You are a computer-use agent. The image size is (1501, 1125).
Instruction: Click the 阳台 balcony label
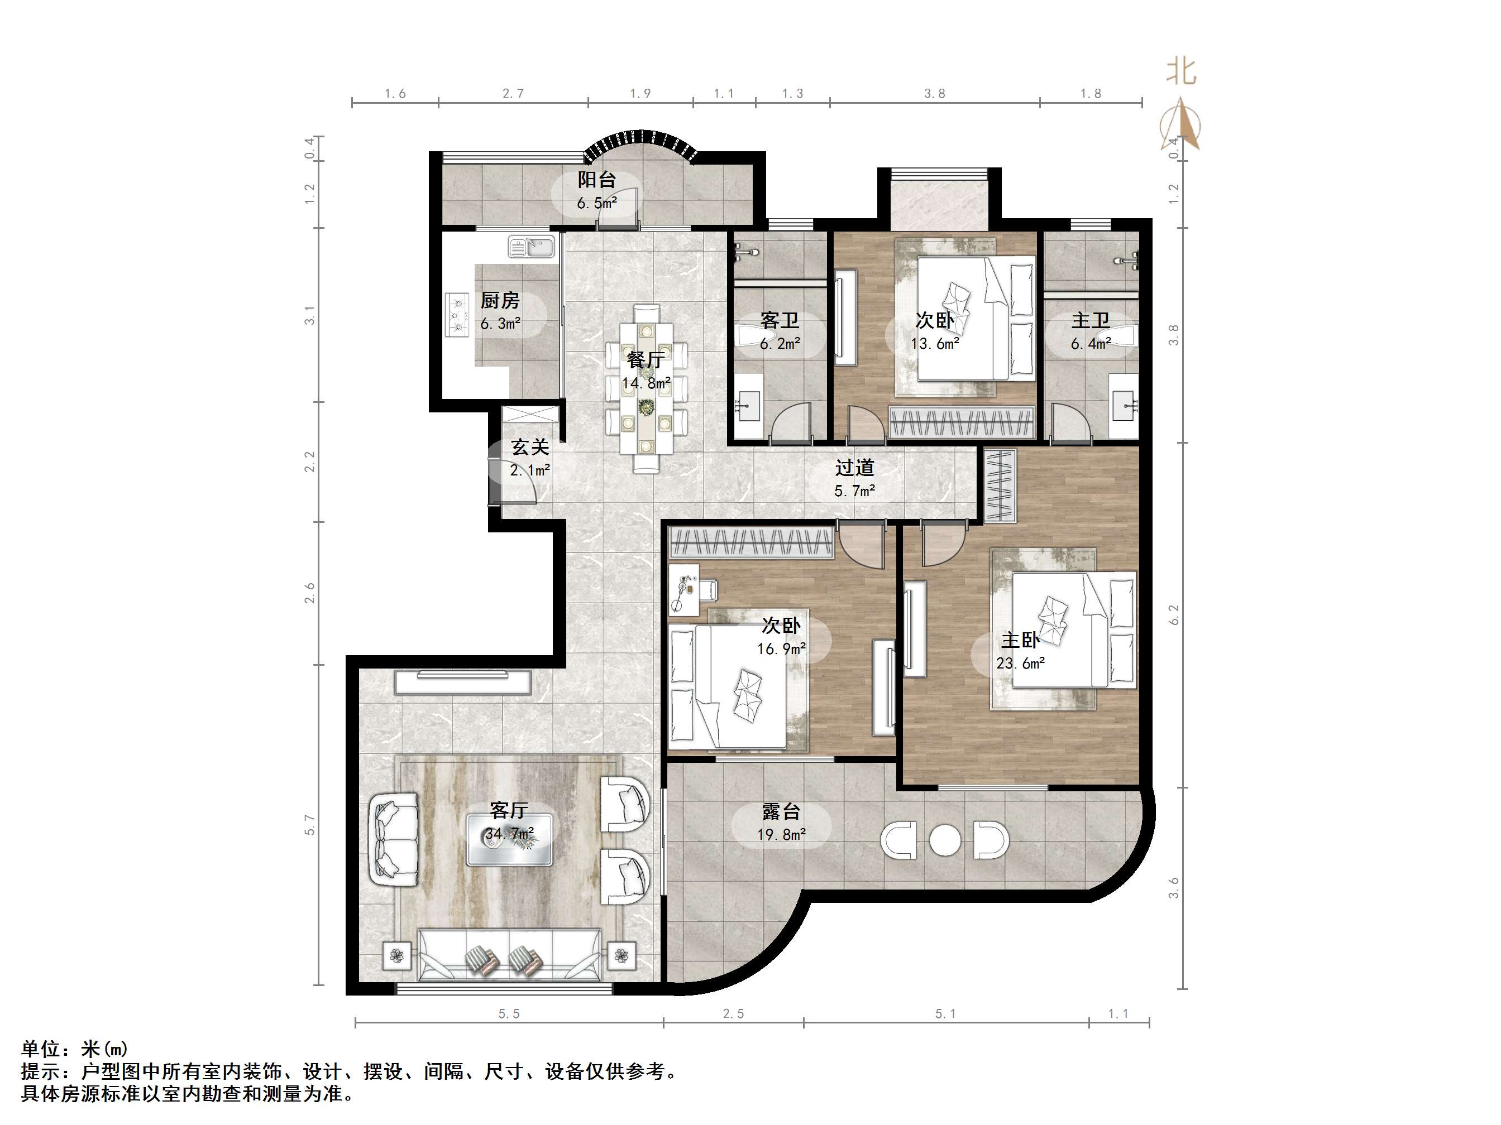click(596, 180)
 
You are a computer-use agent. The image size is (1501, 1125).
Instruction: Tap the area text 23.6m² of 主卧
click(1020, 663)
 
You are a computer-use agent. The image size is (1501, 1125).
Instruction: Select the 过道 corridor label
click(854, 468)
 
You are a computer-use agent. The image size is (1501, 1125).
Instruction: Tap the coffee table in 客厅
click(509, 839)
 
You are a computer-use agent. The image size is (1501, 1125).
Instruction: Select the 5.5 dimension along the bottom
click(509, 1014)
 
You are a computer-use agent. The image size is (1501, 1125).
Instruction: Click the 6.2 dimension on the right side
click(1174, 614)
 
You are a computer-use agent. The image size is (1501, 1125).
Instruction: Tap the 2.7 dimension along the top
click(513, 94)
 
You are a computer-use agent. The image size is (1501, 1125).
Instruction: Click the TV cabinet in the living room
click(463, 682)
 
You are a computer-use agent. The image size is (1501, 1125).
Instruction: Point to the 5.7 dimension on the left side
click(310, 825)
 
